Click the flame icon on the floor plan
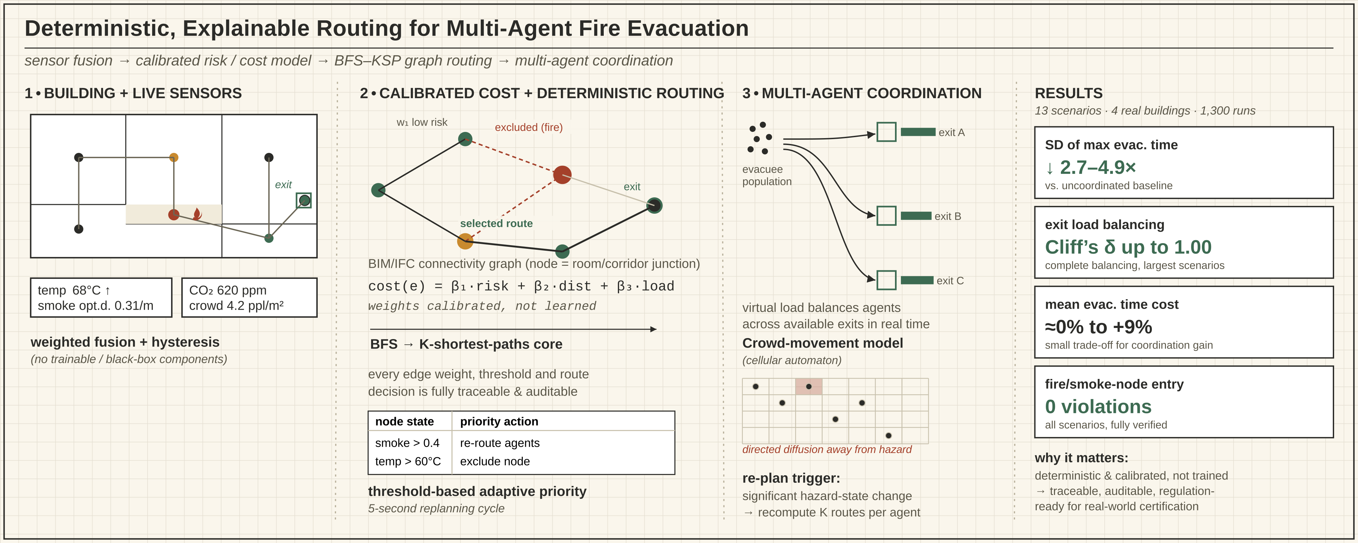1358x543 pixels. click(197, 213)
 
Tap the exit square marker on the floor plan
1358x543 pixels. click(304, 200)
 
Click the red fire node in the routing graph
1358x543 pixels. click(562, 174)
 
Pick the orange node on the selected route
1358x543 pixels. click(464, 242)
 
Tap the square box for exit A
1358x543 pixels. click(886, 132)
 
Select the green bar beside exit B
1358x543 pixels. click(916, 216)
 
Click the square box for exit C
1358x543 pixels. click(886, 280)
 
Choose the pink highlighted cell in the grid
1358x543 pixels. click(809, 387)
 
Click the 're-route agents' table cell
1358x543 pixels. click(500, 443)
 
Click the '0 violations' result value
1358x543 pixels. click(1098, 407)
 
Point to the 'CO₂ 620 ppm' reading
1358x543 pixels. click(228, 290)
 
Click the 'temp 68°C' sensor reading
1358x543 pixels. click(74, 290)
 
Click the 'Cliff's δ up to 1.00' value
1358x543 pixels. click(1128, 247)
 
